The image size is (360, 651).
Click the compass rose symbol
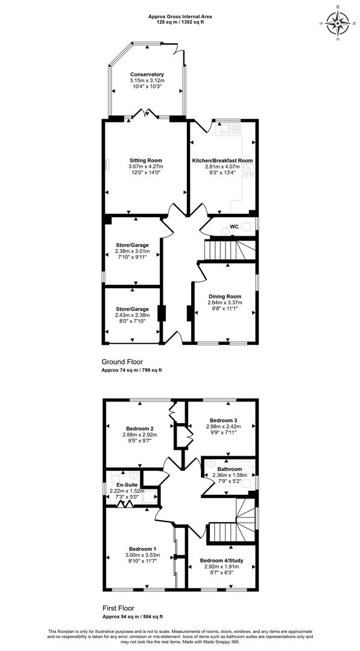coord(337,22)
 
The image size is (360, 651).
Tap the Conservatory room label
coord(147,74)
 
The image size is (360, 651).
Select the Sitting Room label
coord(145,160)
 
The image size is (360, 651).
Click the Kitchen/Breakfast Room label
coord(222,160)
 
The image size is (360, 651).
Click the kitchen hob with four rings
coord(248,169)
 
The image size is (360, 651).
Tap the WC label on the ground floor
coord(235,227)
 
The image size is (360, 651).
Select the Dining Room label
coord(225,297)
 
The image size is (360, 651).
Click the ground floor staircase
coord(229,249)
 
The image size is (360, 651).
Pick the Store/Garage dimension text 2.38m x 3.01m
coord(132,251)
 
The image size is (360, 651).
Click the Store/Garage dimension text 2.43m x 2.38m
coord(132,315)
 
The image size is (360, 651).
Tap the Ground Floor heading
coord(122,362)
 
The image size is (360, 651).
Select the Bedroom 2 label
coord(137,429)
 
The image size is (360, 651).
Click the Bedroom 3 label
coord(221,420)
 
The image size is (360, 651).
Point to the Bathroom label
coord(230,469)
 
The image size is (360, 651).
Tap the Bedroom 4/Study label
coord(221,560)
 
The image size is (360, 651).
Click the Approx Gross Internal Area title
coord(180,17)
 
